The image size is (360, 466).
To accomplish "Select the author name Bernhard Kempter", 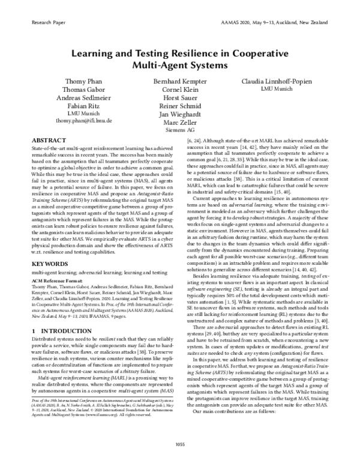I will coord(179,80).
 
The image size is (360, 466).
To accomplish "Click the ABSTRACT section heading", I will coord(48,139).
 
